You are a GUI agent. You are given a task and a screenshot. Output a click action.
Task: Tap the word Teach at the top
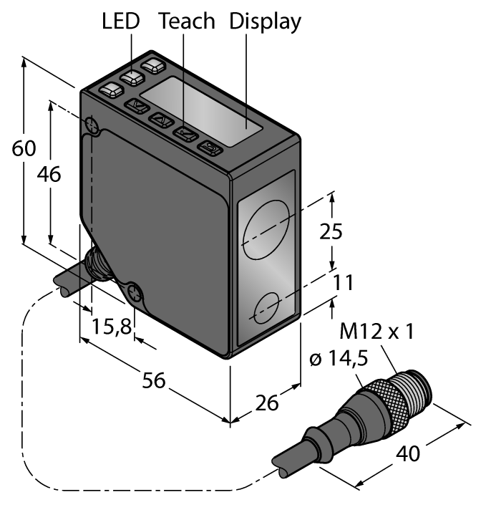(187, 21)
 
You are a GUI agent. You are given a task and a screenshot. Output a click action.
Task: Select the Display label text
(265, 21)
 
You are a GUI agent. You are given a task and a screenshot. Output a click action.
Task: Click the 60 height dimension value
(24, 149)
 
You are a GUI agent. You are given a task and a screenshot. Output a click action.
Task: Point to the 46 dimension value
(49, 174)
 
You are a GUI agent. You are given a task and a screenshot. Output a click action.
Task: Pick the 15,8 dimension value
(112, 327)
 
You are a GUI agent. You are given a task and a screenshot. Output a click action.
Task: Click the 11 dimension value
(344, 283)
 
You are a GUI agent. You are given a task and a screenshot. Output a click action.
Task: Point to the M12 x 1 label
(376, 332)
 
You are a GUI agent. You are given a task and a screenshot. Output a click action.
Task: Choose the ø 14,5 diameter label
(339, 359)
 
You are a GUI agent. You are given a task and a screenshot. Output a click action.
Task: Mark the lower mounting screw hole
(135, 292)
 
